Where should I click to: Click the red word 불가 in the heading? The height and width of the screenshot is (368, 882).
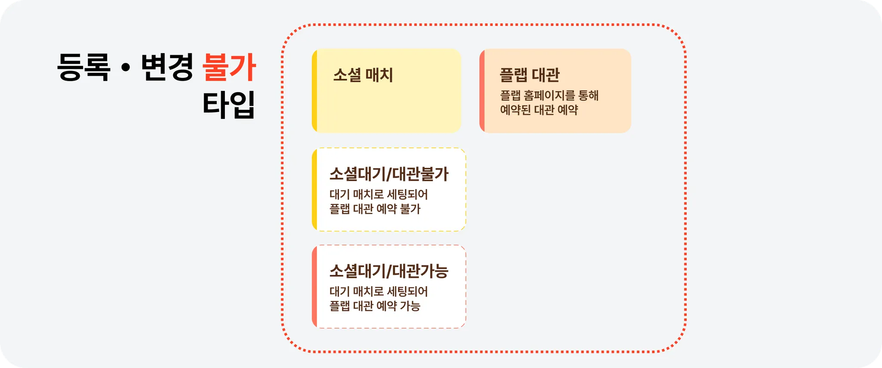point(229,67)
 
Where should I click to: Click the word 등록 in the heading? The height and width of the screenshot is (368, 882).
point(84,67)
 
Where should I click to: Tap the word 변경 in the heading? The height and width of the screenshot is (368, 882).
point(167,67)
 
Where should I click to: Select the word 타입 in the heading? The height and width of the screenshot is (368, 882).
point(229,104)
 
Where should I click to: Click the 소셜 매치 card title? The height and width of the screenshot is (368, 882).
point(363,75)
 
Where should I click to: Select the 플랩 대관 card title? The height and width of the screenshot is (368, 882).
point(529,75)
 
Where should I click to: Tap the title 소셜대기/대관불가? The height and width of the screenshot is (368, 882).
point(389,174)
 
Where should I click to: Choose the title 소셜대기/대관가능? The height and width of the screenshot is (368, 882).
point(389,271)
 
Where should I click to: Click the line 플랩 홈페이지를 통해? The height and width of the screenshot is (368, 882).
point(549,95)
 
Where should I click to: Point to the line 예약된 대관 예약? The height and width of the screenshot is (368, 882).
point(539,110)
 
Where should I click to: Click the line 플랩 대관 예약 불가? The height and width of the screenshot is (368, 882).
point(375,209)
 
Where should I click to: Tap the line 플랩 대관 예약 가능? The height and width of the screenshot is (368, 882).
point(375,306)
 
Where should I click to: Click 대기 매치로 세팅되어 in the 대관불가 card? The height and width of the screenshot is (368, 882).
point(379,194)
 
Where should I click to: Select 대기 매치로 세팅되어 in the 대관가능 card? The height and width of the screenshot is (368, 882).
point(379,291)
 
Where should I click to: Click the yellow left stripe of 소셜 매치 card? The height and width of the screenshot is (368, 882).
point(315,90)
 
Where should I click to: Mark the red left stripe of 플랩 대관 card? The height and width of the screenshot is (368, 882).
point(482,90)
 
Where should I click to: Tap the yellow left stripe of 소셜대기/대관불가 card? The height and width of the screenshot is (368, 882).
point(315,190)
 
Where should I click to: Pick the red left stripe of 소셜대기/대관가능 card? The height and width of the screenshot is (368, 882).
point(315,287)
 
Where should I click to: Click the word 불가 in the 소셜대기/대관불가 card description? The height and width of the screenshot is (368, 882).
point(410,209)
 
